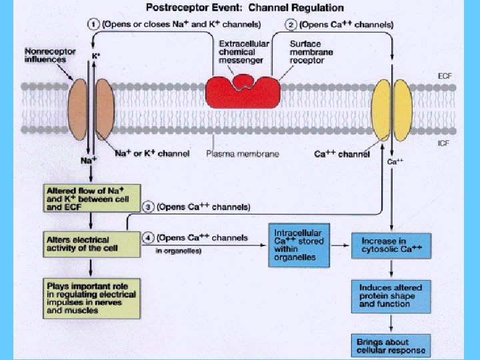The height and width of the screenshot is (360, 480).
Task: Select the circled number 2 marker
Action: point(291,25)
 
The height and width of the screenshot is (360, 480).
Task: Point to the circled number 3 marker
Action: point(149,207)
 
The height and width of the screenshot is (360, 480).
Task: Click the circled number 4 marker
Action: point(149,238)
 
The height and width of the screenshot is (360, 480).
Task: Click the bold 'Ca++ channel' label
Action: point(341,155)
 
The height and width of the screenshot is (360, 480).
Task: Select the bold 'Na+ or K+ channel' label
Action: point(152,153)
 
